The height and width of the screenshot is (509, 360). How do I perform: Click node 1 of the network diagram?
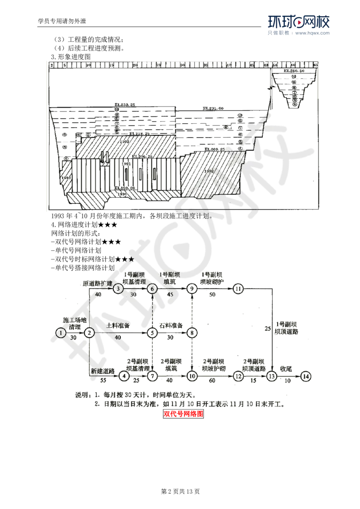[60, 332]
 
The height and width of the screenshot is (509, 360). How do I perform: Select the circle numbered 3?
[118, 288]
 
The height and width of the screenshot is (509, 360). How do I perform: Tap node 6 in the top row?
[153, 288]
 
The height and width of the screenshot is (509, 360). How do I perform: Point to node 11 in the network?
[238, 288]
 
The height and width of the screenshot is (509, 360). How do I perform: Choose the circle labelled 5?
[153, 332]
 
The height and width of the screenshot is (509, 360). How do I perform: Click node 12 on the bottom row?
[237, 375]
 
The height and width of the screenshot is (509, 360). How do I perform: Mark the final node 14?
[306, 375]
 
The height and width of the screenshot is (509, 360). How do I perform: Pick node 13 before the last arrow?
[271, 375]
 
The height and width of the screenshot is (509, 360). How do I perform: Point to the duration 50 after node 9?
[212, 295]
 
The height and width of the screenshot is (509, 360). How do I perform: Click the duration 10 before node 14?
[287, 381]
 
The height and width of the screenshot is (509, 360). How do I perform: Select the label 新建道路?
[103, 371]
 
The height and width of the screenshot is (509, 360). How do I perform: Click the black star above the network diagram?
[131, 259]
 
